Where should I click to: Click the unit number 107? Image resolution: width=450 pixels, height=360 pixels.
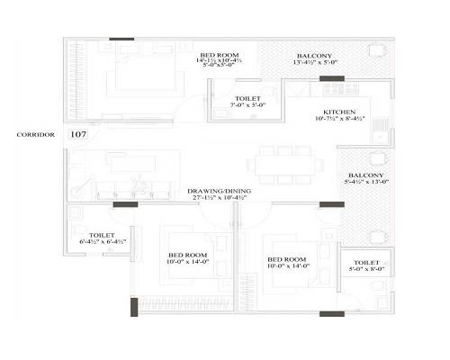77,134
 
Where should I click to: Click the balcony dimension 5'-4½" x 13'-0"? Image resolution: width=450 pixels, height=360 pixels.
365,183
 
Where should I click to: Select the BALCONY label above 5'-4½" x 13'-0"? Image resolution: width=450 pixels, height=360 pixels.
365,175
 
